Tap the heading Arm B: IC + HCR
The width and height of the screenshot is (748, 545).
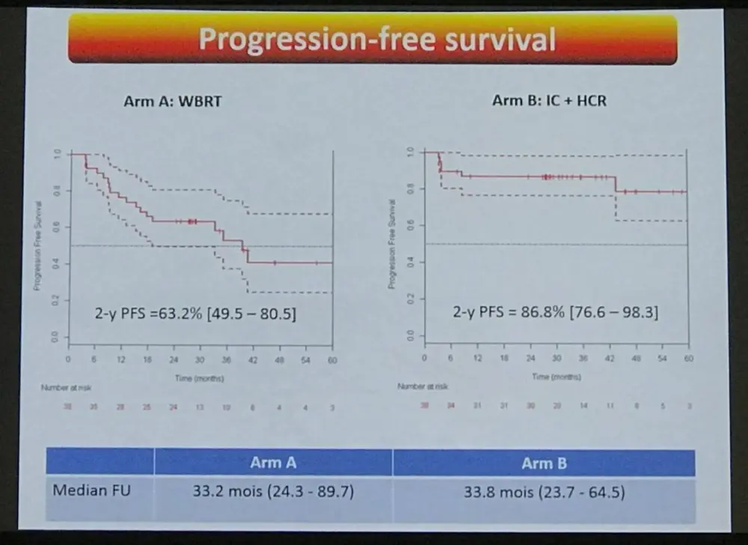[x=549, y=100]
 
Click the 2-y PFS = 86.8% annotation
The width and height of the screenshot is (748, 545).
[x=555, y=312]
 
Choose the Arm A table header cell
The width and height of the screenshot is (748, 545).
[x=272, y=463]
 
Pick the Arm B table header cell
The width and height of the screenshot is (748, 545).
[x=544, y=464]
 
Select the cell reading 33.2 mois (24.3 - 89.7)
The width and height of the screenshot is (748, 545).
[x=272, y=493]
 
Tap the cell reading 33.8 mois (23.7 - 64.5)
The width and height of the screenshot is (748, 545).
[x=544, y=493]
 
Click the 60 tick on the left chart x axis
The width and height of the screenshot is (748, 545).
[x=332, y=360]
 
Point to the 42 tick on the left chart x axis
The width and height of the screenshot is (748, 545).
[x=253, y=360]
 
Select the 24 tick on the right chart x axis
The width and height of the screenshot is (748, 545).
[x=530, y=359]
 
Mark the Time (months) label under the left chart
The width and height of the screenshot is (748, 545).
[x=199, y=378]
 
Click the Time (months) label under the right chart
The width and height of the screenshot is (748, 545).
[x=556, y=376]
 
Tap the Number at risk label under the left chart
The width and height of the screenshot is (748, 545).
[x=66, y=388]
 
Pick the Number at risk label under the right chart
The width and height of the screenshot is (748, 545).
[x=423, y=387]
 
